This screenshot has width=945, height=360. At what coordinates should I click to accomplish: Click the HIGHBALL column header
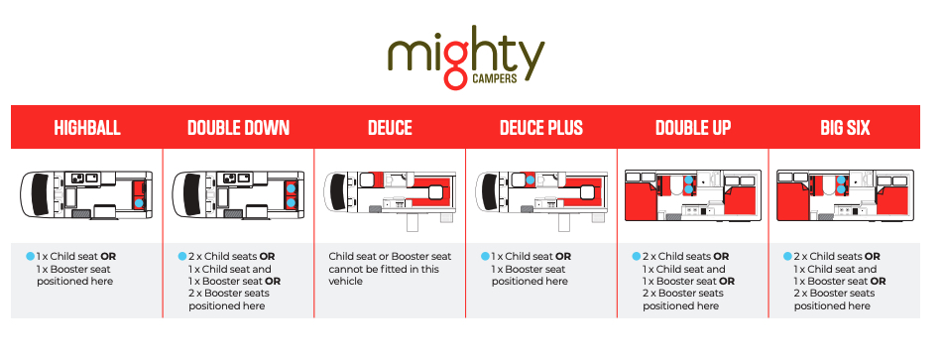point(87,128)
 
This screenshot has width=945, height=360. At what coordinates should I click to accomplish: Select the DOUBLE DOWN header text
point(239,128)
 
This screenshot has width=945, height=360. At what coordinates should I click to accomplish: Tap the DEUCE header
point(390,128)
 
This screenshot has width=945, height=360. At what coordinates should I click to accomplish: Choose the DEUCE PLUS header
point(541,128)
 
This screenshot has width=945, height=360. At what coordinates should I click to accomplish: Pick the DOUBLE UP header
point(693,128)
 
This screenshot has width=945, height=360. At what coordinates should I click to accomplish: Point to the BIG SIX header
point(845,128)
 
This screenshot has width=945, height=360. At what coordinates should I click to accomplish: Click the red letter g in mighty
point(455,67)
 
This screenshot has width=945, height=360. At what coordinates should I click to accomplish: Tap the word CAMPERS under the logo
point(495,79)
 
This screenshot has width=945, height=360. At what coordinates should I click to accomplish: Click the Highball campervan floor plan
point(86,194)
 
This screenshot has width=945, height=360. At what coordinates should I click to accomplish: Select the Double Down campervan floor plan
point(238,194)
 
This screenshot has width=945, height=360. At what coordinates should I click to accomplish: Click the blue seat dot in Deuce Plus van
point(530,180)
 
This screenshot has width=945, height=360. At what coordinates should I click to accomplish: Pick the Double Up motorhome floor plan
point(693,195)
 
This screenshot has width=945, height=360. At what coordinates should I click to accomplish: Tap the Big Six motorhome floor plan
point(845,195)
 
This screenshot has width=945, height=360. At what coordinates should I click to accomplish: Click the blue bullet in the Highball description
point(30,256)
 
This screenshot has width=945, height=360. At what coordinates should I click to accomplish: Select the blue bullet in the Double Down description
point(182,256)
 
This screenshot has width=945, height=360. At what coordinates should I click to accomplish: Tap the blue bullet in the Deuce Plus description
point(485,256)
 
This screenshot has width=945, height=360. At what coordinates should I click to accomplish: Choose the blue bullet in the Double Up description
point(636,256)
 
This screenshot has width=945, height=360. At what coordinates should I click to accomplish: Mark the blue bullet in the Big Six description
point(787,256)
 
